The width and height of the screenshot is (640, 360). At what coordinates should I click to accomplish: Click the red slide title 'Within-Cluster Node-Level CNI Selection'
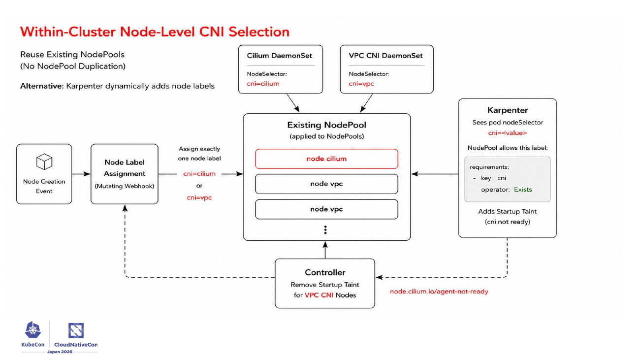click(x=155, y=32)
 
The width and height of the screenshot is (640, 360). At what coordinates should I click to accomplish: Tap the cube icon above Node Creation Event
click(x=44, y=162)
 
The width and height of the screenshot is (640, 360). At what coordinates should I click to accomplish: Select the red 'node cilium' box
click(x=326, y=159)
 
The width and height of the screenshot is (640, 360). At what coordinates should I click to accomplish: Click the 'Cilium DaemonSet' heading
click(x=280, y=56)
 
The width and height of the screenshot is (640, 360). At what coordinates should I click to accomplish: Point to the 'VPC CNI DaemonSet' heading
click(x=385, y=56)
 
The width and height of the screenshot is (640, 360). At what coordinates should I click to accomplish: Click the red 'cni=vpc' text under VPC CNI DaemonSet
click(x=361, y=84)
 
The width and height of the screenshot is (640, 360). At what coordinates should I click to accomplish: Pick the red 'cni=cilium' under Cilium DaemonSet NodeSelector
click(x=263, y=84)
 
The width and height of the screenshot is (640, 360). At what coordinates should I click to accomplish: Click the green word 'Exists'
click(x=523, y=190)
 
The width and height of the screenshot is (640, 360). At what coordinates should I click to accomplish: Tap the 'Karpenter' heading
click(x=508, y=110)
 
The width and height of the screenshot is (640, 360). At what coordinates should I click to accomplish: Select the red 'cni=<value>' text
click(x=508, y=133)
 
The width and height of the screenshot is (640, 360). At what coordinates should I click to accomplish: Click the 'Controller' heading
click(x=325, y=272)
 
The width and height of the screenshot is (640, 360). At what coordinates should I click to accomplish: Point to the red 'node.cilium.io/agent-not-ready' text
click(x=439, y=292)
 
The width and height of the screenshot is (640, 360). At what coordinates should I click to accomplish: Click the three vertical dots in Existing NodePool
click(x=325, y=230)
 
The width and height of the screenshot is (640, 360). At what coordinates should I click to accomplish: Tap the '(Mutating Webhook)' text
click(x=124, y=186)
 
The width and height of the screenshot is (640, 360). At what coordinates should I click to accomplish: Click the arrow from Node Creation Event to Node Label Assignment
click(x=81, y=174)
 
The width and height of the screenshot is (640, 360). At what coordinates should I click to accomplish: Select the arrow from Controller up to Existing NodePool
click(x=325, y=250)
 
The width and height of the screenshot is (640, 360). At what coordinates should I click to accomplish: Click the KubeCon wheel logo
click(x=33, y=330)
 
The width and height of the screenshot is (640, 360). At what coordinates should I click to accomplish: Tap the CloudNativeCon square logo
click(x=76, y=330)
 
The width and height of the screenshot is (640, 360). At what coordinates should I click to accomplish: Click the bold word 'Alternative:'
click(x=42, y=86)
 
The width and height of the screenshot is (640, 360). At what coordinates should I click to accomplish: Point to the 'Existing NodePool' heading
click(x=326, y=125)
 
